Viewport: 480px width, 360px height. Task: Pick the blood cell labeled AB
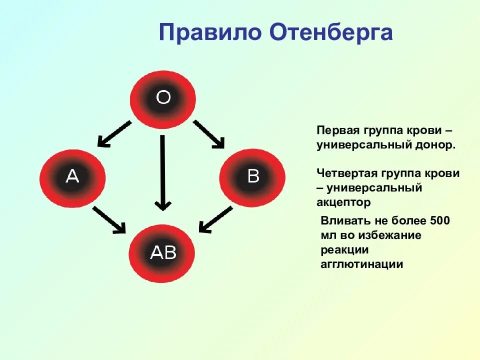[x=163, y=253]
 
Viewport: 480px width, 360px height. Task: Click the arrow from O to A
[x=114, y=133]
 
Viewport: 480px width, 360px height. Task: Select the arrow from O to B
[x=208, y=134]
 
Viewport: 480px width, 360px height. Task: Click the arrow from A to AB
[x=109, y=219]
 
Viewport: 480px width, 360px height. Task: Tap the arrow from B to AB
[x=215, y=219]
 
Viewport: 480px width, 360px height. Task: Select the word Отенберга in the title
[x=331, y=33]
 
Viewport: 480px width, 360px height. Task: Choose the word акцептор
[x=343, y=202]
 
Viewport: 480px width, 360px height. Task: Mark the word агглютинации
[x=361, y=264]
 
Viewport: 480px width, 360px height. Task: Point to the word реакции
[x=344, y=249]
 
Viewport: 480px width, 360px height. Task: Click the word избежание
[x=392, y=235]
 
